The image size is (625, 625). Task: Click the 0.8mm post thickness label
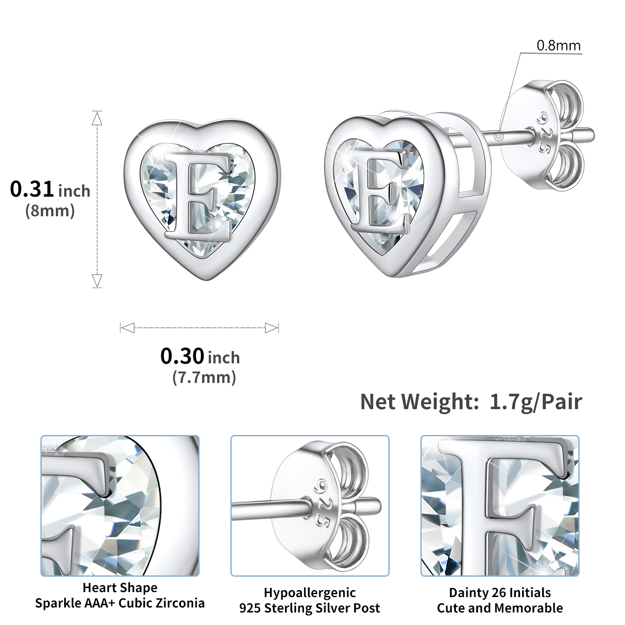click(x=558, y=45)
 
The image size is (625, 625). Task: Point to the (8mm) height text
click(x=50, y=211)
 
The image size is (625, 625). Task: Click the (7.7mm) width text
click(x=204, y=377)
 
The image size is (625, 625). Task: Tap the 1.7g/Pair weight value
click(x=535, y=402)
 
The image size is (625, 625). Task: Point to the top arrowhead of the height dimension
click(x=97, y=118)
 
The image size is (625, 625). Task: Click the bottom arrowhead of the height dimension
click(x=97, y=280)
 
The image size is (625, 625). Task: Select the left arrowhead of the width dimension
click(x=127, y=328)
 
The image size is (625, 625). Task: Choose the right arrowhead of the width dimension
click(x=272, y=328)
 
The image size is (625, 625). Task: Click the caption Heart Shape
click(x=120, y=587)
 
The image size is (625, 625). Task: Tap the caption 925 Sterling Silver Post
click(x=310, y=608)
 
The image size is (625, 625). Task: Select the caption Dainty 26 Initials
click(x=500, y=592)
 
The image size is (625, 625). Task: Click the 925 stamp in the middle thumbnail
click(x=321, y=502)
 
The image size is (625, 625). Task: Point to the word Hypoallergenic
click(x=310, y=592)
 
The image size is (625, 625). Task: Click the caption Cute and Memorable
click(x=500, y=608)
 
